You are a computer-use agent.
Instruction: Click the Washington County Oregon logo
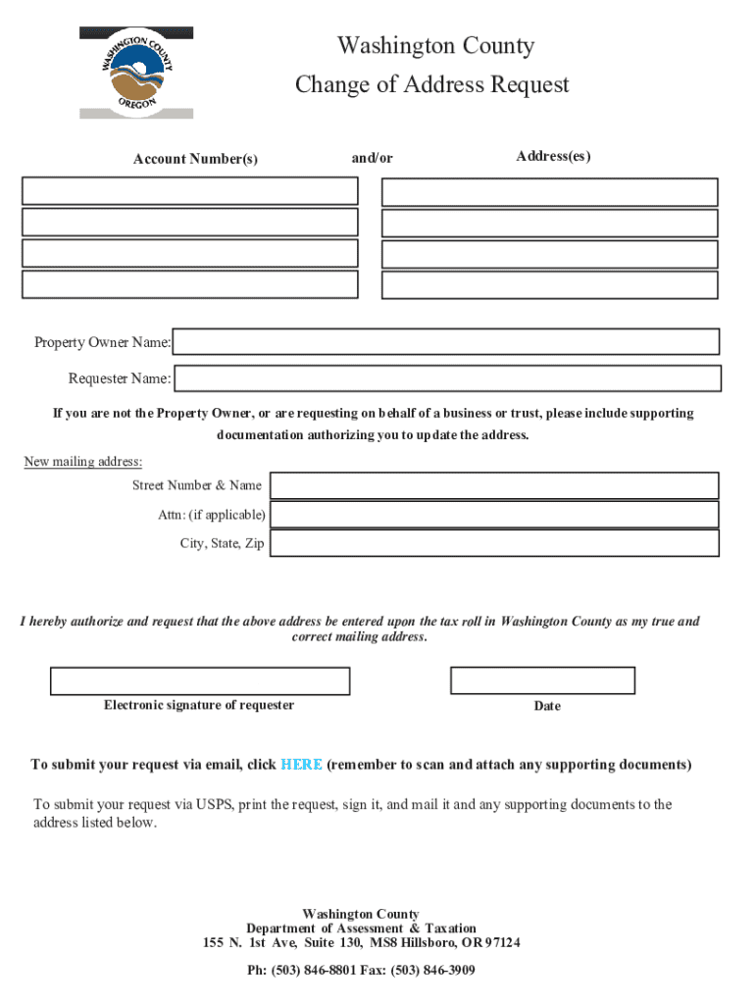click(136, 73)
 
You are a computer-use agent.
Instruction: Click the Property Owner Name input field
click(446, 341)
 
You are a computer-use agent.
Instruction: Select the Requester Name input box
click(447, 377)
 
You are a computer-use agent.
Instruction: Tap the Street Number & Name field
click(494, 485)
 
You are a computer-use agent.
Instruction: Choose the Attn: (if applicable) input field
click(494, 515)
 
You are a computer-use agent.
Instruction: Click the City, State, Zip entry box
click(494, 543)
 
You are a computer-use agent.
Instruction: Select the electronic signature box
click(200, 680)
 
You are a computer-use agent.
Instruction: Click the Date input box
click(542, 680)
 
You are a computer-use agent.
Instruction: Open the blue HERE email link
click(301, 765)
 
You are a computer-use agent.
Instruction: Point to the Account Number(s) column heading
click(196, 159)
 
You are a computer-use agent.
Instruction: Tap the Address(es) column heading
click(553, 157)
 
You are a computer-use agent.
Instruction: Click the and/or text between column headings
click(373, 158)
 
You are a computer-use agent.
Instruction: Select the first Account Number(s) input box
click(190, 190)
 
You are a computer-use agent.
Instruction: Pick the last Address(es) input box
click(549, 284)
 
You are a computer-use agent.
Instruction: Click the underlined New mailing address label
click(83, 462)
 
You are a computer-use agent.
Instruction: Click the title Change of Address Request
click(432, 85)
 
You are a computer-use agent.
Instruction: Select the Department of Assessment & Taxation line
click(361, 929)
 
